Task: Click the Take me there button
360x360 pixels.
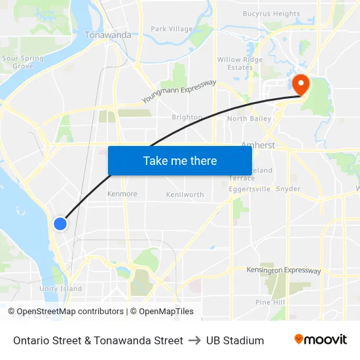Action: pyautogui.click(x=180, y=160)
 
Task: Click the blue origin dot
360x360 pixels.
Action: pyautogui.click(x=60, y=224)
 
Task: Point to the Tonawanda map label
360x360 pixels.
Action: pyautogui.click(x=108, y=35)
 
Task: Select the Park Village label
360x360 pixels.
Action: pyautogui.click(x=171, y=29)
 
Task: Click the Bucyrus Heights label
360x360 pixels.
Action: pyautogui.click(x=271, y=14)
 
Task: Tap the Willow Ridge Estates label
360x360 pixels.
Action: pyautogui.click(x=240, y=63)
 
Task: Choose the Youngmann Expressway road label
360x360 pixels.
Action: pyautogui.click(x=179, y=92)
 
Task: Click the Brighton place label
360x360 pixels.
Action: pyautogui.click(x=187, y=117)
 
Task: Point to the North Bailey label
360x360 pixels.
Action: pyautogui.click(x=249, y=118)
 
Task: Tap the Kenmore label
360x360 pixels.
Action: pyautogui.click(x=122, y=194)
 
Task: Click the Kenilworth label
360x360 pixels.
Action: pyautogui.click(x=185, y=194)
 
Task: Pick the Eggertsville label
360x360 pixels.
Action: pyautogui.click(x=249, y=189)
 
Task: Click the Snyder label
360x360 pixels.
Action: pyautogui.click(x=288, y=189)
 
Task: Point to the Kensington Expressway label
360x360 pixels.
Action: pyautogui.click(x=283, y=270)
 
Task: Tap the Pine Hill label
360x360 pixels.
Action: pyautogui.click(x=270, y=302)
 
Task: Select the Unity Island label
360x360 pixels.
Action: pyautogui.click(x=61, y=289)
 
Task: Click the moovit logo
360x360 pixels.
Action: pyautogui.click(x=320, y=340)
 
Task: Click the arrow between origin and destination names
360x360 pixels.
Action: pyautogui.click(x=194, y=340)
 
